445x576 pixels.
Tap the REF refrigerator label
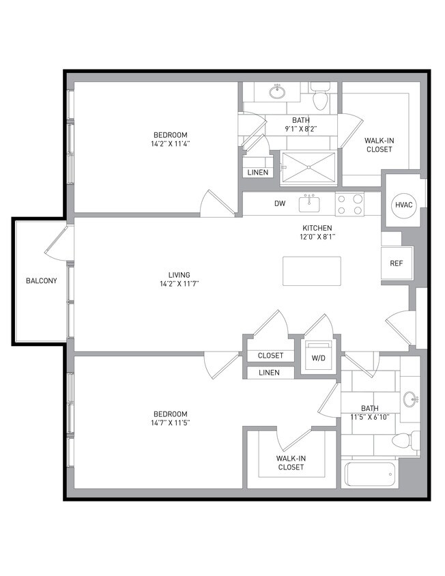coord(396,263)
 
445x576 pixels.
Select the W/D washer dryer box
coord(317,357)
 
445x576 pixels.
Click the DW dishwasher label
coord(280,203)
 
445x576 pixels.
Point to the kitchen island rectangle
coord(311,271)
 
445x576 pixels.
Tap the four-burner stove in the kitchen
coord(349,204)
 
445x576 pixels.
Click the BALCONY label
coord(41,280)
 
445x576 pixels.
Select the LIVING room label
coord(180,275)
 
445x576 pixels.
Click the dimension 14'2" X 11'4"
coord(170,144)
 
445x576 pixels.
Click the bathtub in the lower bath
coord(370,474)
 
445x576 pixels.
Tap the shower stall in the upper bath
coord(309,167)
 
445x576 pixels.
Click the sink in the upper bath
coord(277,91)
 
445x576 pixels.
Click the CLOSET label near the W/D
coord(270,356)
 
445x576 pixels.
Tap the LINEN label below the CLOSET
coord(270,373)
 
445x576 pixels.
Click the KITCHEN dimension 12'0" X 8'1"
coord(317,237)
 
